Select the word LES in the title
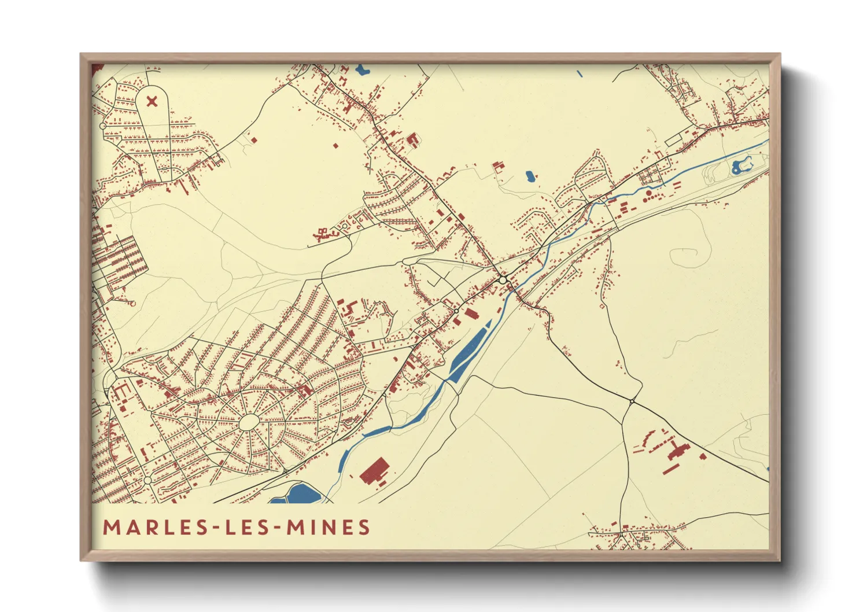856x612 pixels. tap(248, 528)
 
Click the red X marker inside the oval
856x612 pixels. tap(152, 102)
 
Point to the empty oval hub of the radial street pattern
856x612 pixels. tap(249, 422)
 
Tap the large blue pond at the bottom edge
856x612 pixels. tap(303, 493)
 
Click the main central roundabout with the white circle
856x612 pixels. tap(503, 280)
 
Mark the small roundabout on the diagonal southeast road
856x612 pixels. tap(633, 401)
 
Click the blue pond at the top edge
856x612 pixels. tap(363, 71)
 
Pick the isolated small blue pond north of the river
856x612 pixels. tap(530, 176)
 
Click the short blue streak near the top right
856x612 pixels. tap(580, 74)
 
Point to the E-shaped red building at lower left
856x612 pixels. tap(121, 392)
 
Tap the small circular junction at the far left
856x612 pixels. tap(103, 126)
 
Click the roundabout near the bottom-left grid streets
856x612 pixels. tap(147, 480)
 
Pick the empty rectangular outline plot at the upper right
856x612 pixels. tap(674, 140)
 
